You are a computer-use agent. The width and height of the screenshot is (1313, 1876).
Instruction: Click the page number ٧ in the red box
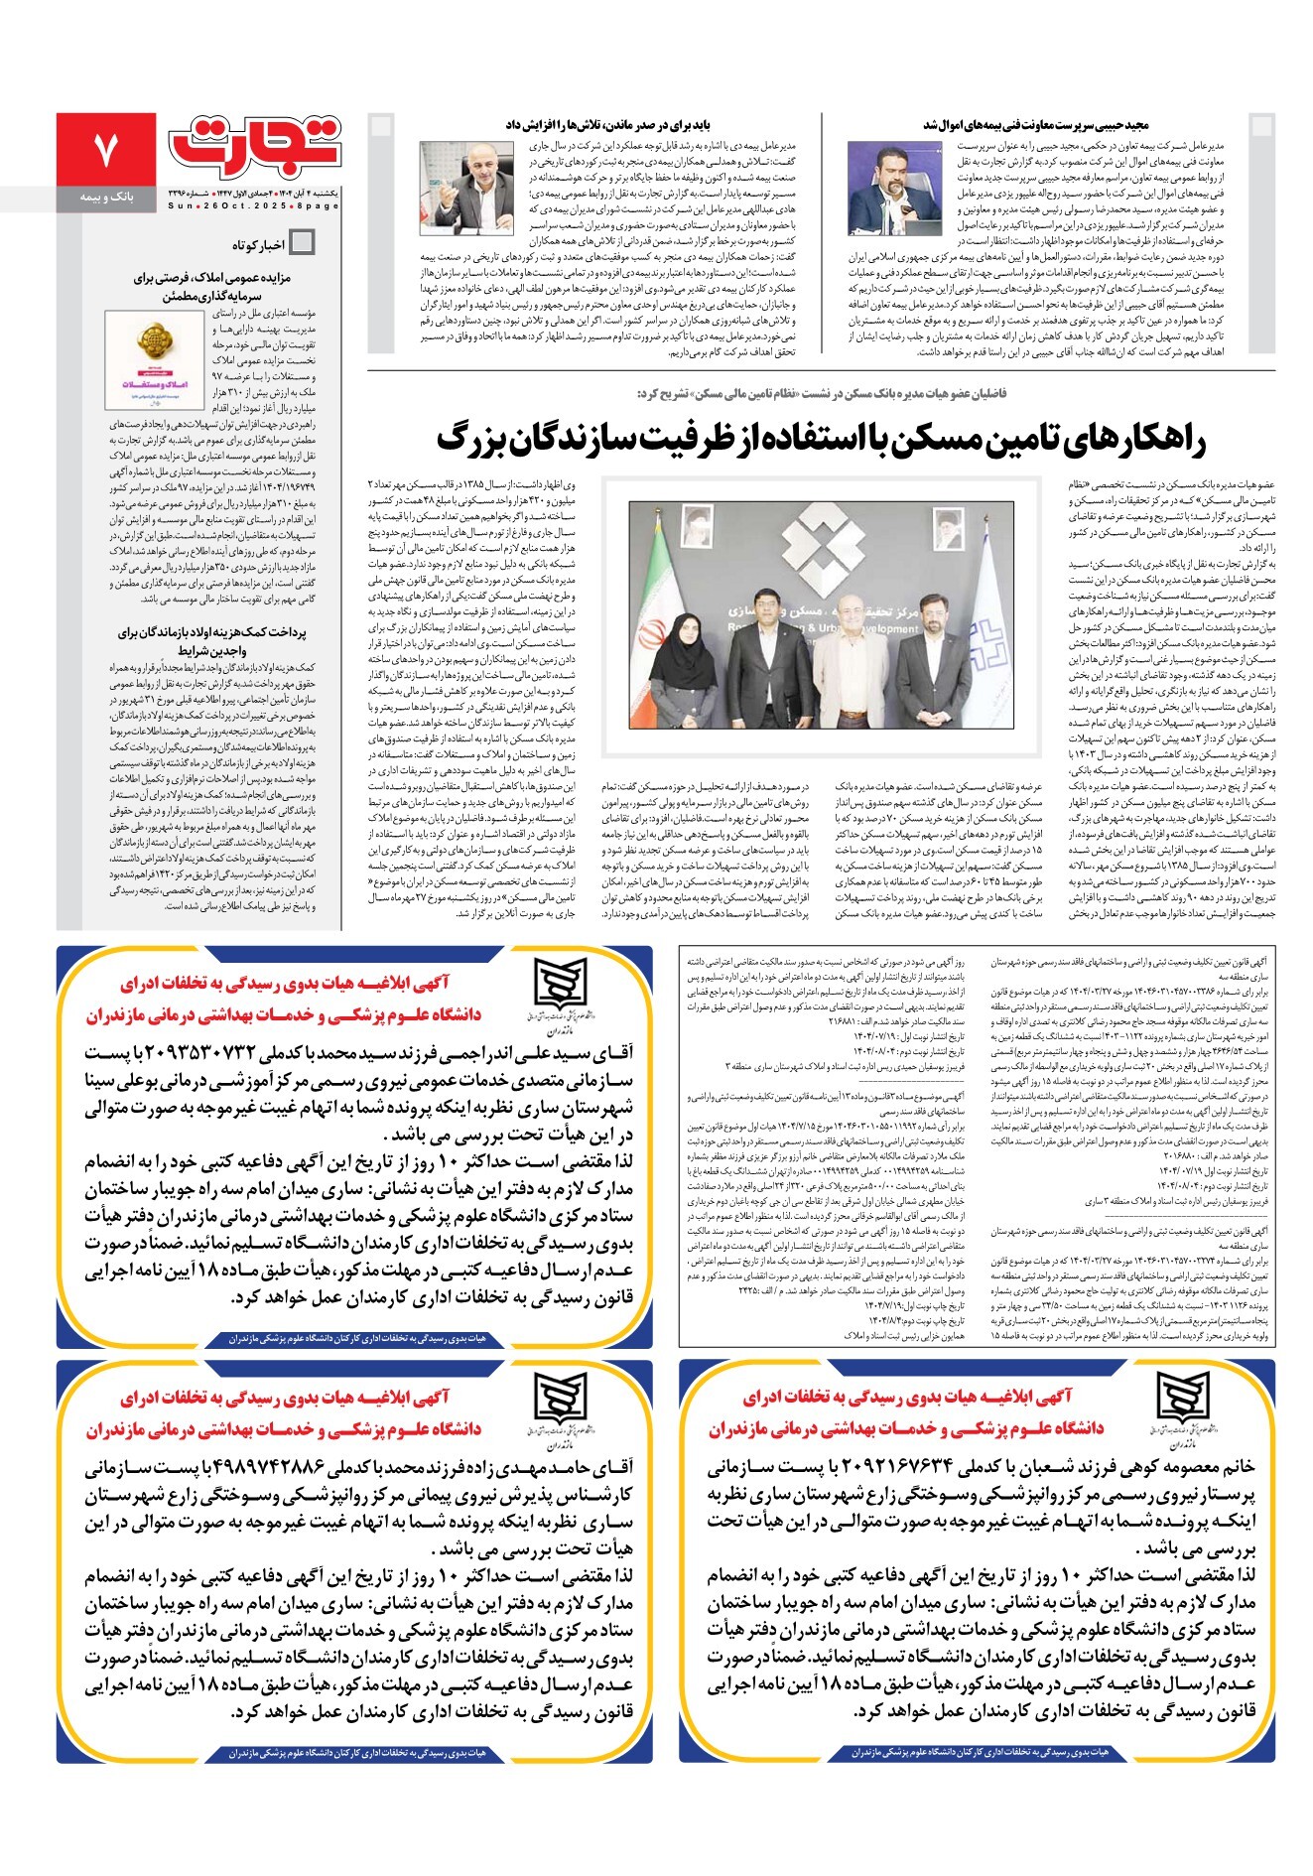[105, 150]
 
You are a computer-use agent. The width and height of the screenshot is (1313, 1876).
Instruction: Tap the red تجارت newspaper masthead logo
[255, 146]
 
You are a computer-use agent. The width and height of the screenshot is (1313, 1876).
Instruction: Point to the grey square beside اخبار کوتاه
[303, 242]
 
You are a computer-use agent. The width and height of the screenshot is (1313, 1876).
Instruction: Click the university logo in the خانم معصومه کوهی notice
[1183, 1407]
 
